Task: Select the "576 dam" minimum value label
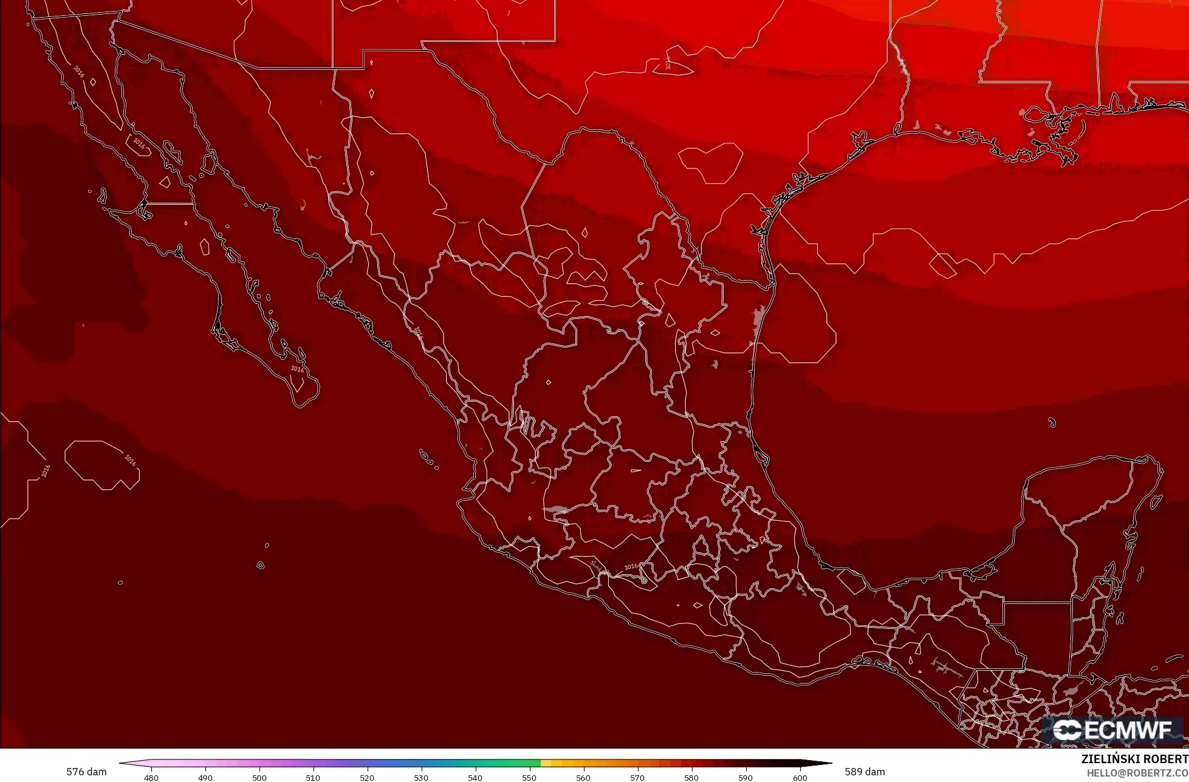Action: click(x=86, y=772)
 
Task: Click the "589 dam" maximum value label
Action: click(x=865, y=772)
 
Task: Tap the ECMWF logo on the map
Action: click(x=1113, y=730)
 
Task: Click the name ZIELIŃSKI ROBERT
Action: click(x=1134, y=760)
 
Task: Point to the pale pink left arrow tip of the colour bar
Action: click(x=123, y=764)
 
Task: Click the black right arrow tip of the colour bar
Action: click(x=826, y=764)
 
